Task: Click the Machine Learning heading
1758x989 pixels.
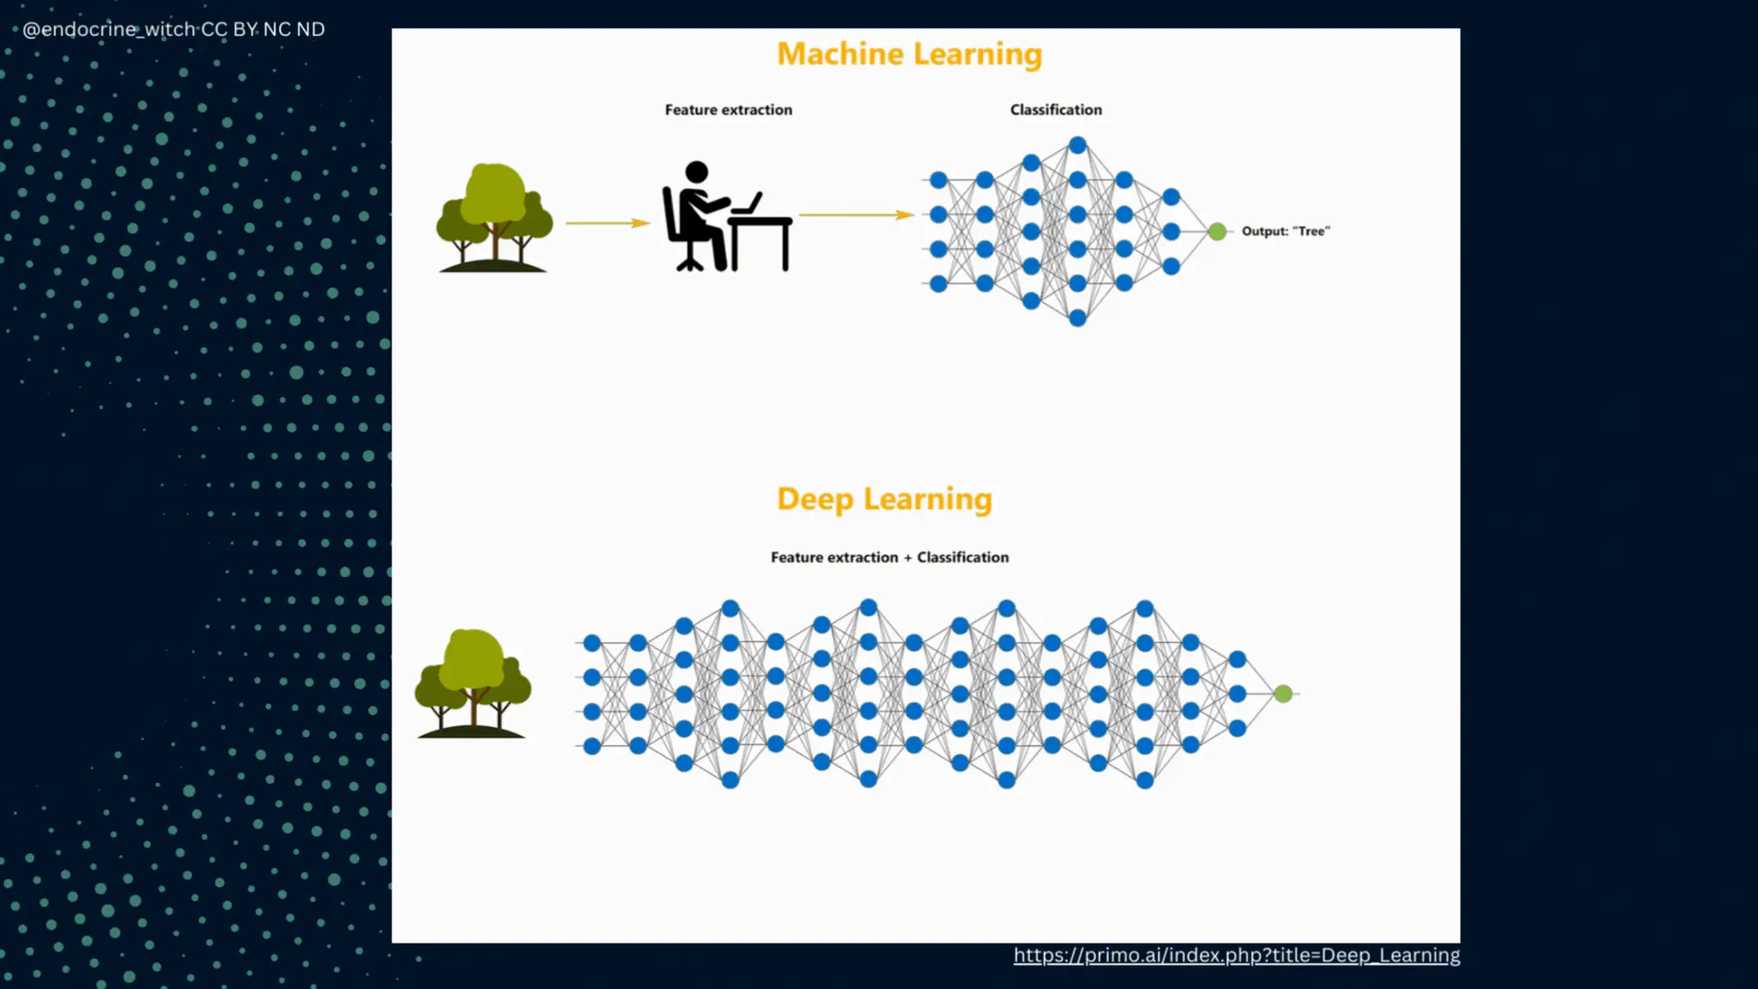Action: pos(909,54)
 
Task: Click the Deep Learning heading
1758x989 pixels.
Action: pos(884,499)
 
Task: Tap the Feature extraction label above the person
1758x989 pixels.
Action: pos(728,110)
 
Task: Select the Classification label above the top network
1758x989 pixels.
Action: pos(1055,110)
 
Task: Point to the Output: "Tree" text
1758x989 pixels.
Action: pos(1285,231)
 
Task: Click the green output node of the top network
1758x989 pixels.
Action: pos(1216,231)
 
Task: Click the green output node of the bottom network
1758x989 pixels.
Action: pos(1282,694)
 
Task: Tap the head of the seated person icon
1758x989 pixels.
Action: pos(696,172)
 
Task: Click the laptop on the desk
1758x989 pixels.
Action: pos(749,204)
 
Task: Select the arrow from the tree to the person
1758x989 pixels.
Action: pos(606,223)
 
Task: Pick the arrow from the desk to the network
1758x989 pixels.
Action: pos(855,215)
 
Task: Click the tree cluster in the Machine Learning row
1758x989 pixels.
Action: pos(494,217)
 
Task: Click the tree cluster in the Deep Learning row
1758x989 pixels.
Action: pos(472,683)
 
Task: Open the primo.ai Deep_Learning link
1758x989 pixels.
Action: pos(1236,956)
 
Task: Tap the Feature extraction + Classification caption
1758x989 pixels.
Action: pos(889,557)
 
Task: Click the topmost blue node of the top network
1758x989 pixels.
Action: pos(1078,145)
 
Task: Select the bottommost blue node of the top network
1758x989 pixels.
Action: pos(1078,319)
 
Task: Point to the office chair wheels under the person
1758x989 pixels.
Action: pos(690,264)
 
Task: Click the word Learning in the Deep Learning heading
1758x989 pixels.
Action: pos(927,499)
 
